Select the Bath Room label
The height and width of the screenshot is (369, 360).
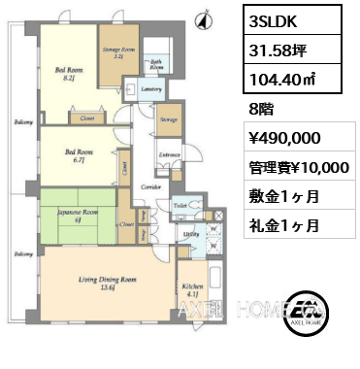tap(155, 65)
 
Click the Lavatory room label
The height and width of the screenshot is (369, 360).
tap(149, 89)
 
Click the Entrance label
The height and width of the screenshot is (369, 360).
tap(169, 154)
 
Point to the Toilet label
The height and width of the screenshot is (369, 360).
tap(181, 207)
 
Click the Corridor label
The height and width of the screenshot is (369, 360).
tap(146, 184)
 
